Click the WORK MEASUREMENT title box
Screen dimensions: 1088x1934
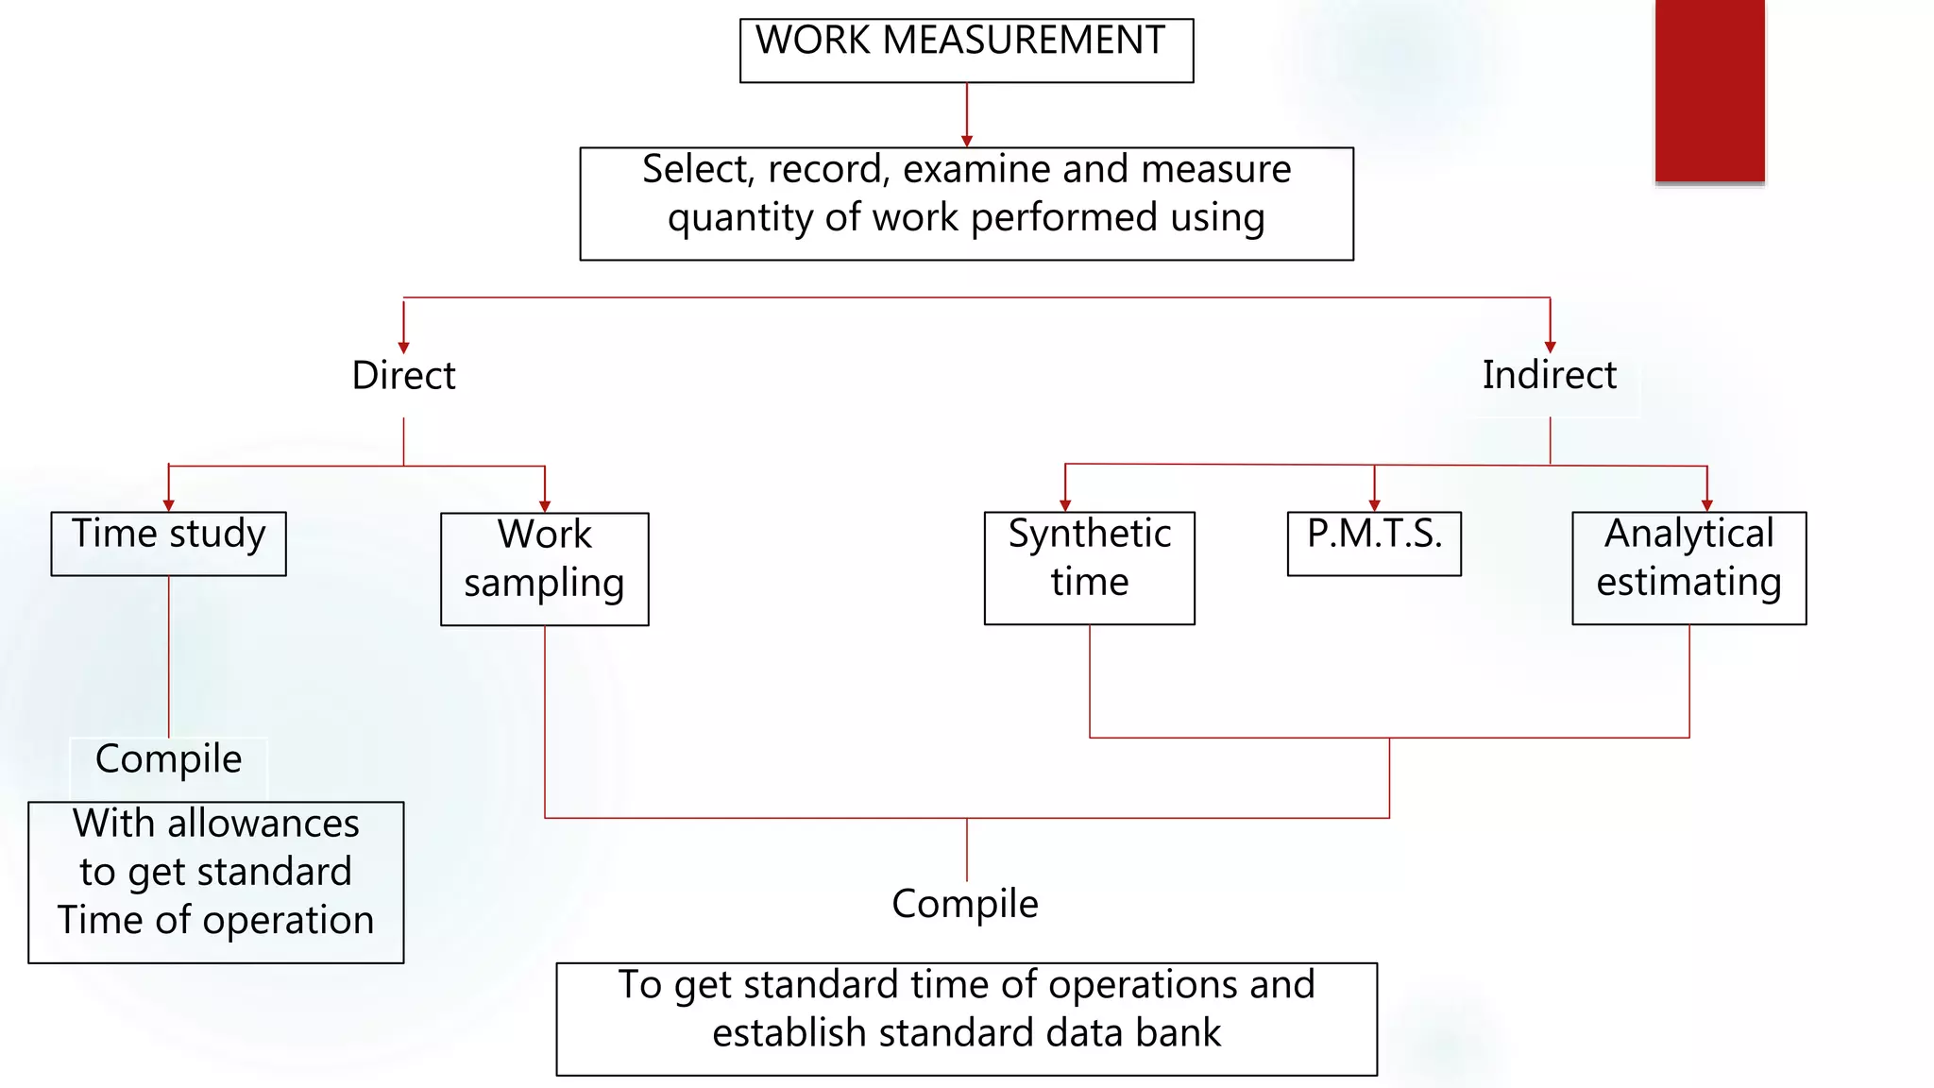pos(966,50)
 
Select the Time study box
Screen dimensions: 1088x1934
pos(168,543)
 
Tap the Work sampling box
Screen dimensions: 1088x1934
pos(544,569)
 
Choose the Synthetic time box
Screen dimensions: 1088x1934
pos(1089,568)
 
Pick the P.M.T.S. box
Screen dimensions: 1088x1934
pos(1374,543)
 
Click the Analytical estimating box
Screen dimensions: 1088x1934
pos(1688,568)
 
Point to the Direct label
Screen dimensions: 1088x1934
pos(403,375)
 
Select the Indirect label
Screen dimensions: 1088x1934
pos(1549,375)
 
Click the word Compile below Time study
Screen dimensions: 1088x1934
pos(168,759)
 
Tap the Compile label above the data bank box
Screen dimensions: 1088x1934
pos(964,904)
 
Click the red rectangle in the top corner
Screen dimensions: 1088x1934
pos(1709,90)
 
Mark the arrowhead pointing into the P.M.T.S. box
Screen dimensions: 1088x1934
pos(1374,505)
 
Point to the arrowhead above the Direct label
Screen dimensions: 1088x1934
pos(403,348)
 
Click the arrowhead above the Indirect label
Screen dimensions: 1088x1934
pos(1550,348)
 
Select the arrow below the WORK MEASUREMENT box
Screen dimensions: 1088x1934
pos(966,140)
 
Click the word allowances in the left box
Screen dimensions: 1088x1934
pos(263,824)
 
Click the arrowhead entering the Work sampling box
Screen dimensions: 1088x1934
pos(545,506)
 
